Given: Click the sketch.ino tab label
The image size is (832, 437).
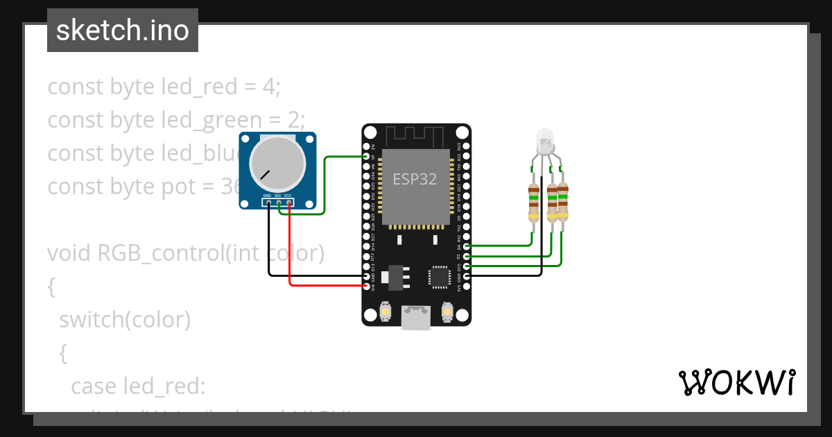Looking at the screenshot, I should (123, 31).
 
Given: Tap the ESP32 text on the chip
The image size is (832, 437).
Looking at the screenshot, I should (415, 178).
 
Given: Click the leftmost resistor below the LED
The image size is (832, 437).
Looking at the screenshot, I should (533, 201).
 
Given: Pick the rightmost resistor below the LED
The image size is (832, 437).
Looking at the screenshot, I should (562, 201).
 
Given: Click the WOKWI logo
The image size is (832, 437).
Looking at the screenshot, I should (736, 383).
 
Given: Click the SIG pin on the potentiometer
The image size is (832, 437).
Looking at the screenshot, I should (278, 203).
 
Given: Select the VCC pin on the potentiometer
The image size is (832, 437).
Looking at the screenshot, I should (288, 203).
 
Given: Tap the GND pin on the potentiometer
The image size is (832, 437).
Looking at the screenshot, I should (268, 203).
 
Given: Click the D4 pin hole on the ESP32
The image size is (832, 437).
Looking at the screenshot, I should (466, 246).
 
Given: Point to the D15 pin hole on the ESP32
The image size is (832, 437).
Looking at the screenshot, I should (466, 266).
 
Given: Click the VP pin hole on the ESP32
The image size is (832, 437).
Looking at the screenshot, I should (367, 157).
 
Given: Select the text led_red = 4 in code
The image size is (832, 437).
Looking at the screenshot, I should (220, 87).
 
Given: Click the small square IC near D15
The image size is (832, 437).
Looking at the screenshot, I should (440, 276).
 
